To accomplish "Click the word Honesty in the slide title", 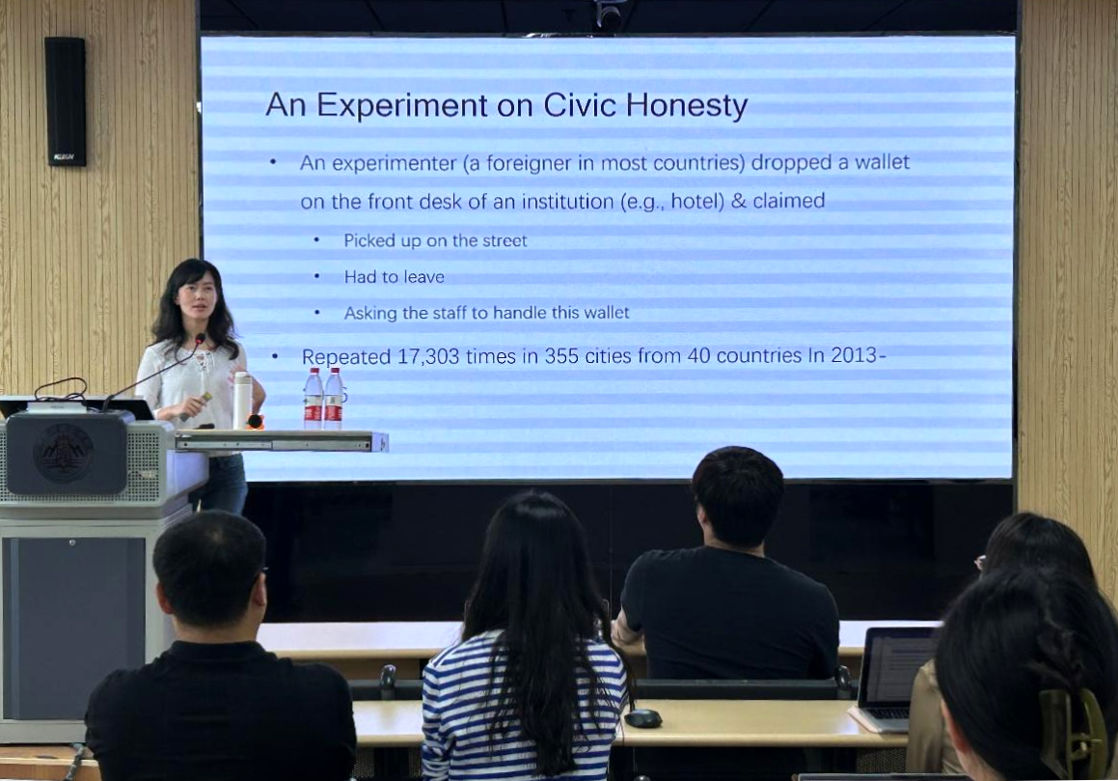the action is [x=687, y=105].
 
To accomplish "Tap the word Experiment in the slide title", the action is [x=402, y=105].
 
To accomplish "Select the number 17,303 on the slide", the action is [x=427, y=356].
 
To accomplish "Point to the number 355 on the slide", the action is [x=561, y=355].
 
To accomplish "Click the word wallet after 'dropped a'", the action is [x=882, y=162].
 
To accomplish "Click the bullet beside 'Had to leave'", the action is [x=316, y=276].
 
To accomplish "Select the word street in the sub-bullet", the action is [x=504, y=240].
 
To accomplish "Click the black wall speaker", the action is [x=66, y=101].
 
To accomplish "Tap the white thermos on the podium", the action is [x=242, y=400].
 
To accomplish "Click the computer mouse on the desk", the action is [x=643, y=717].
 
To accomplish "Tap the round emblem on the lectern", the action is [x=64, y=454].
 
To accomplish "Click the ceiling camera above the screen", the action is [x=609, y=14].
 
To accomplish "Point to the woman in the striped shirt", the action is [x=526, y=643].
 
